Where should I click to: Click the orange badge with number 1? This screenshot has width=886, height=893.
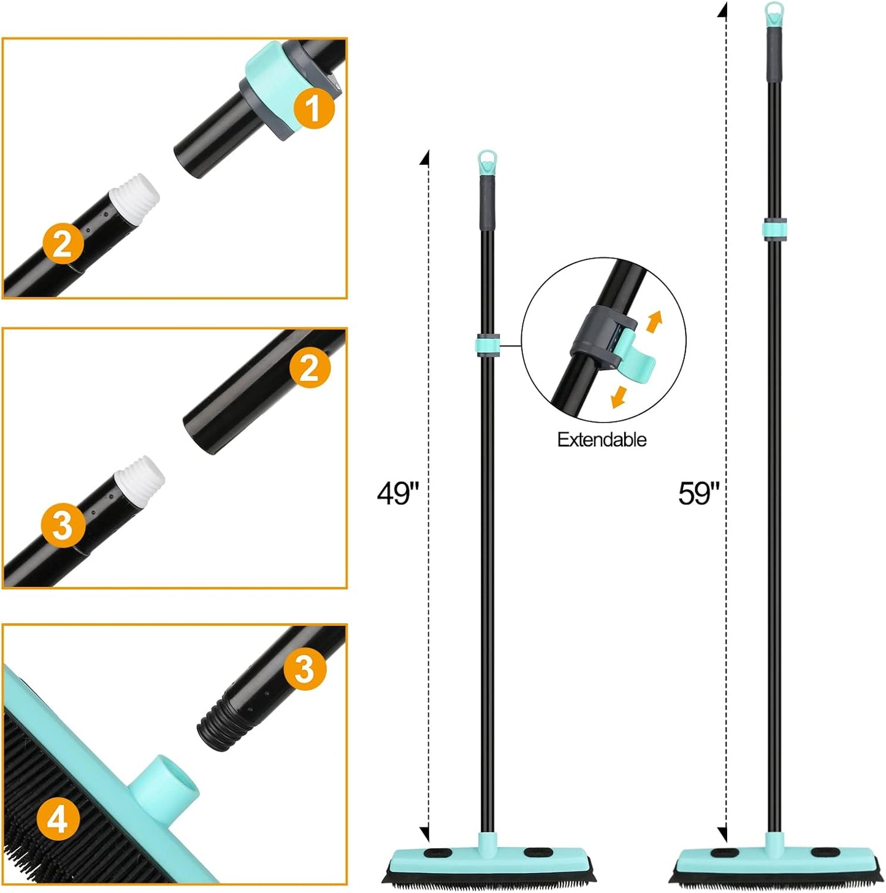[313, 109]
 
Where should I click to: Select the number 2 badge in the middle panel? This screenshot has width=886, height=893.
[310, 367]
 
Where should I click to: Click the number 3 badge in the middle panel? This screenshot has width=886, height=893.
[63, 526]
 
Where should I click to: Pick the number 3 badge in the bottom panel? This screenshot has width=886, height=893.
[305, 669]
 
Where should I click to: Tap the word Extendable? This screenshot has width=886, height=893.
[601, 439]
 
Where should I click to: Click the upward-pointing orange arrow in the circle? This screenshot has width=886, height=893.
[654, 321]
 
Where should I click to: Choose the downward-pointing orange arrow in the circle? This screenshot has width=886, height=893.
[620, 396]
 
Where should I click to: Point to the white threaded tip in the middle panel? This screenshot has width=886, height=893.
[140, 477]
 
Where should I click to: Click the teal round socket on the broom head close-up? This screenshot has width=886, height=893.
[163, 786]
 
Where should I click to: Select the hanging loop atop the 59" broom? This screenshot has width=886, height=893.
[774, 13]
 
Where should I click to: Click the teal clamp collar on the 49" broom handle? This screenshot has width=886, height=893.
[487, 344]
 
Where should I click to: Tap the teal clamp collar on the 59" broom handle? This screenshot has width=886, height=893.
[775, 228]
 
